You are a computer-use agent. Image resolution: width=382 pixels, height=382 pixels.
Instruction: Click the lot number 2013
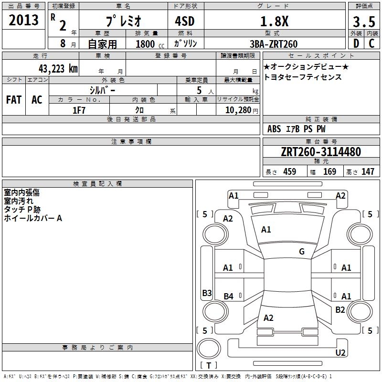coord(24,20)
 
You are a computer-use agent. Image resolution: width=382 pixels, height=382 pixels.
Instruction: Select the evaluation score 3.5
coord(363,21)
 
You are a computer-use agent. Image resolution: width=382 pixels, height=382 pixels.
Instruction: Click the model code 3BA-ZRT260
coord(273,44)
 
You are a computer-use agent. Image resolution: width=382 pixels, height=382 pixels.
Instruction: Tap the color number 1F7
coord(79,110)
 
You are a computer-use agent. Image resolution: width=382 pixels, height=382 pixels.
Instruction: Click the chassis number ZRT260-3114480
coord(321,152)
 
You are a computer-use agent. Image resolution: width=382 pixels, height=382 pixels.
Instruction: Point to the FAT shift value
coord(14,100)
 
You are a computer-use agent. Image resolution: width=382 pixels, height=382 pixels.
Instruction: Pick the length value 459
coord(289,172)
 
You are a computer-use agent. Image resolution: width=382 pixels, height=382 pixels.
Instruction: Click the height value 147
coord(368,172)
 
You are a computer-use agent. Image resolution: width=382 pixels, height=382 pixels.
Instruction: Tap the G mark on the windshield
coord(301,252)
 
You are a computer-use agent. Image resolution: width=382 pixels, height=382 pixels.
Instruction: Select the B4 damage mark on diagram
coord(228,297)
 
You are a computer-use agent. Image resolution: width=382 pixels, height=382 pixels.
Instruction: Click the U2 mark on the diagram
coord(340,353)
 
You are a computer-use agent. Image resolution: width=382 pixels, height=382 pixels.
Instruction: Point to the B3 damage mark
coord(207,293)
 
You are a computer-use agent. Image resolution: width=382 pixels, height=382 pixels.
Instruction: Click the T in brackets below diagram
coord(208,365)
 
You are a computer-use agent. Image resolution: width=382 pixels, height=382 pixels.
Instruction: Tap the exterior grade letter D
coord(356,44)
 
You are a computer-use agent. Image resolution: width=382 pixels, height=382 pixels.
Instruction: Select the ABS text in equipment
coord(274,129)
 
